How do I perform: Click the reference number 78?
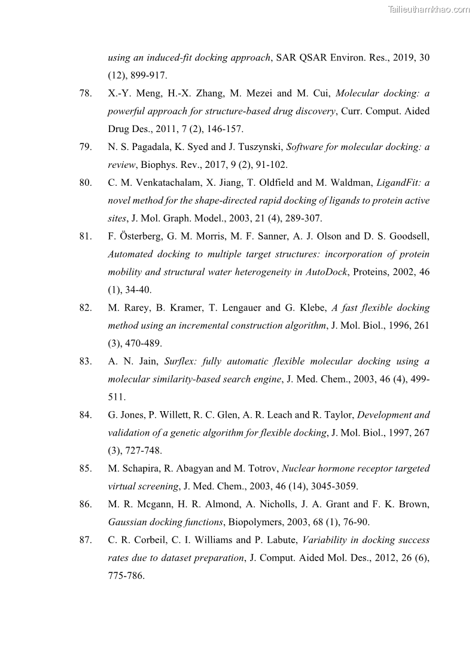pos(85,94)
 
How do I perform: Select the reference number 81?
pos(85,237)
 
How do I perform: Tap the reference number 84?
pos(85,415)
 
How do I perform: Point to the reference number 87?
pos(85,540)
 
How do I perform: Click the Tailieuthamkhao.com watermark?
pos(429,9)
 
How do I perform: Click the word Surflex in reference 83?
pos(180,361)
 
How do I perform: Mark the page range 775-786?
pos(126,576)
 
